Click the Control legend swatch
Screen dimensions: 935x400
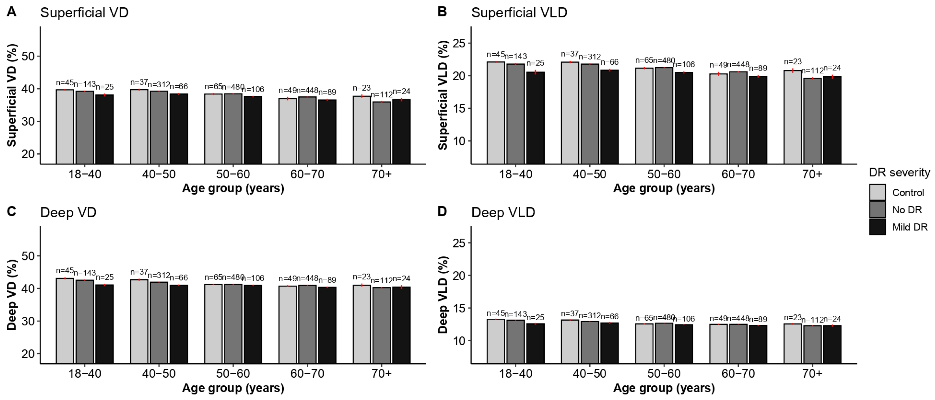(877, 192)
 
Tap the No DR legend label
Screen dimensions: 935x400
(907, 210)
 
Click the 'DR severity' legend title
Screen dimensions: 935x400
(899, 173)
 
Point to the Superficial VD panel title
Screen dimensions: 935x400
(84, 13)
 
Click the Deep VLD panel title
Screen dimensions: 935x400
(503, 212)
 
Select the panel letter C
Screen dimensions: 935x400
(11, 211)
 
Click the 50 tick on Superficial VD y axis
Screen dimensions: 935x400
(28, 56)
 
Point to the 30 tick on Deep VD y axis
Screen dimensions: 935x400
(28, 321)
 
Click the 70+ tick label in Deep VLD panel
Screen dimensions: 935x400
(812, 373)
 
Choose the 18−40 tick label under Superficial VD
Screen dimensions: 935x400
(85, 174)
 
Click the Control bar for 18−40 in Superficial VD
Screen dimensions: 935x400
(65, 127)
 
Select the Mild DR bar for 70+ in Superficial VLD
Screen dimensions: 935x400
(832, 120)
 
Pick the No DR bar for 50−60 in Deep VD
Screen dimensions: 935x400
(233, 324)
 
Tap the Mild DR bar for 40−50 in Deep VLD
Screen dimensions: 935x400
(609, 343)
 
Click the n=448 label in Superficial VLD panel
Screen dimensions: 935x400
(738, 65)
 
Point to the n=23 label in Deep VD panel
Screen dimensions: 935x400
(362, 277)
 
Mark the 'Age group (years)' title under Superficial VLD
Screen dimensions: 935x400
(664, 188)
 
